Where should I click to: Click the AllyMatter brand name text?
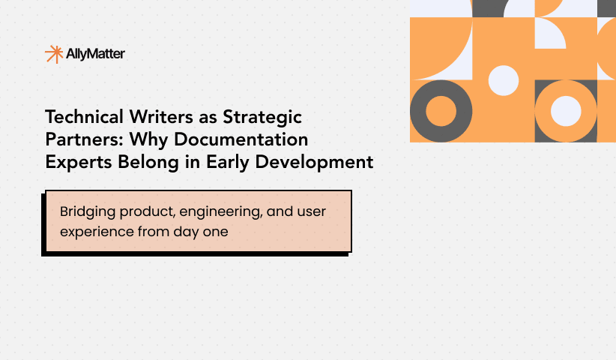point(95,54)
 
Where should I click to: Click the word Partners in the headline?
point(77,139)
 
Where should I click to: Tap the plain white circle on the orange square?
point(504,79)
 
